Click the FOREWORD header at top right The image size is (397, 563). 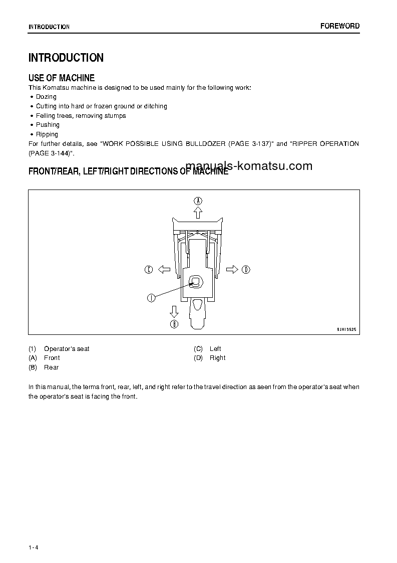click(340, 26)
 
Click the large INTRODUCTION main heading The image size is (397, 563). click(66, 58)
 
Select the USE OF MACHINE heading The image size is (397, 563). click(62, 78)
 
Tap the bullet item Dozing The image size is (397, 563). click(46, 97)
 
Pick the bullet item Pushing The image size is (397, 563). click(48, 125)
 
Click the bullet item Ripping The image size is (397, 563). click(47, 134)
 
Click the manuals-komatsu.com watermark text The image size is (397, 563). click(249, 166)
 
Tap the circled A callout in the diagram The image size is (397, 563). click(198, 201)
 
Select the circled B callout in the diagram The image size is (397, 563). click(174, 324)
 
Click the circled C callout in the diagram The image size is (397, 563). click(149, 270)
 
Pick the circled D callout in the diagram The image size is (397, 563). click(246, 270)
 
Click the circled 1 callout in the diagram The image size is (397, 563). click(151, 298)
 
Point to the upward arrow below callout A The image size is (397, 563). click(198, 213)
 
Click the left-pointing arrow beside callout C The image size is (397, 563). click(164, 270)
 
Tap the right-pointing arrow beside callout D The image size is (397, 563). click(232, 270)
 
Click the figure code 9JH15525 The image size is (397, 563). click(346, 330)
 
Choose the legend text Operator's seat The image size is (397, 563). click(67, 349)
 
